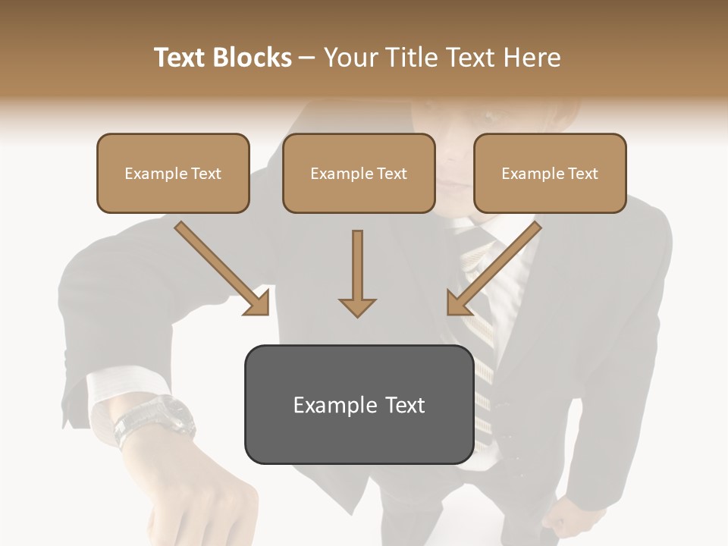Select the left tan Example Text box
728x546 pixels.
click(173, 173)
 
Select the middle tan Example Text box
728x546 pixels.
click(359, 173)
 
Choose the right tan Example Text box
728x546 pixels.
click(550, 173)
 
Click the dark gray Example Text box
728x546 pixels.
click(359, 404)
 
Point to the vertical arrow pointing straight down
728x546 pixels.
click(357, 273)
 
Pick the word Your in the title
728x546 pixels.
click(347, 58)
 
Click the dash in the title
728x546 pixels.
click(307, 58)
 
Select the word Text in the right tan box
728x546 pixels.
click(582, 174)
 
